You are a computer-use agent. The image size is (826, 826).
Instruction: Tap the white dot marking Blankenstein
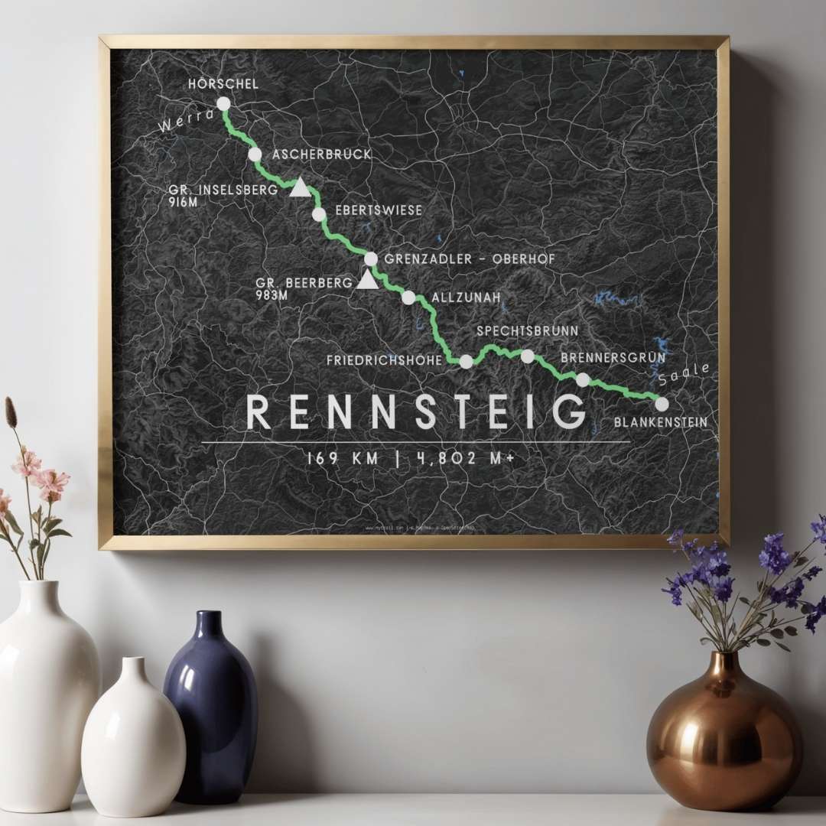click(x=662, y=403)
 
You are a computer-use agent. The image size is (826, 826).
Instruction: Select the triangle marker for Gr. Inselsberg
click(x=299, y=187)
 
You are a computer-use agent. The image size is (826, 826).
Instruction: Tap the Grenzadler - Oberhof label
click(x=470, y=259)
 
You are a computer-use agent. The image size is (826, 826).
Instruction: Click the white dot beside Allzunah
click(x=408, y=298)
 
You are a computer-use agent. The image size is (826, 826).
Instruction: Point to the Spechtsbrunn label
click(x=527, y=331)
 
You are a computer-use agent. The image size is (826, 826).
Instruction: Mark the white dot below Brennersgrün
click(x=583, y=379)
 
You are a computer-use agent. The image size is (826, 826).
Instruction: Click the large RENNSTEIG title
click(x=416, y=413)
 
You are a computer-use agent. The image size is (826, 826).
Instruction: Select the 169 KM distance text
click(x=342, y=458)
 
